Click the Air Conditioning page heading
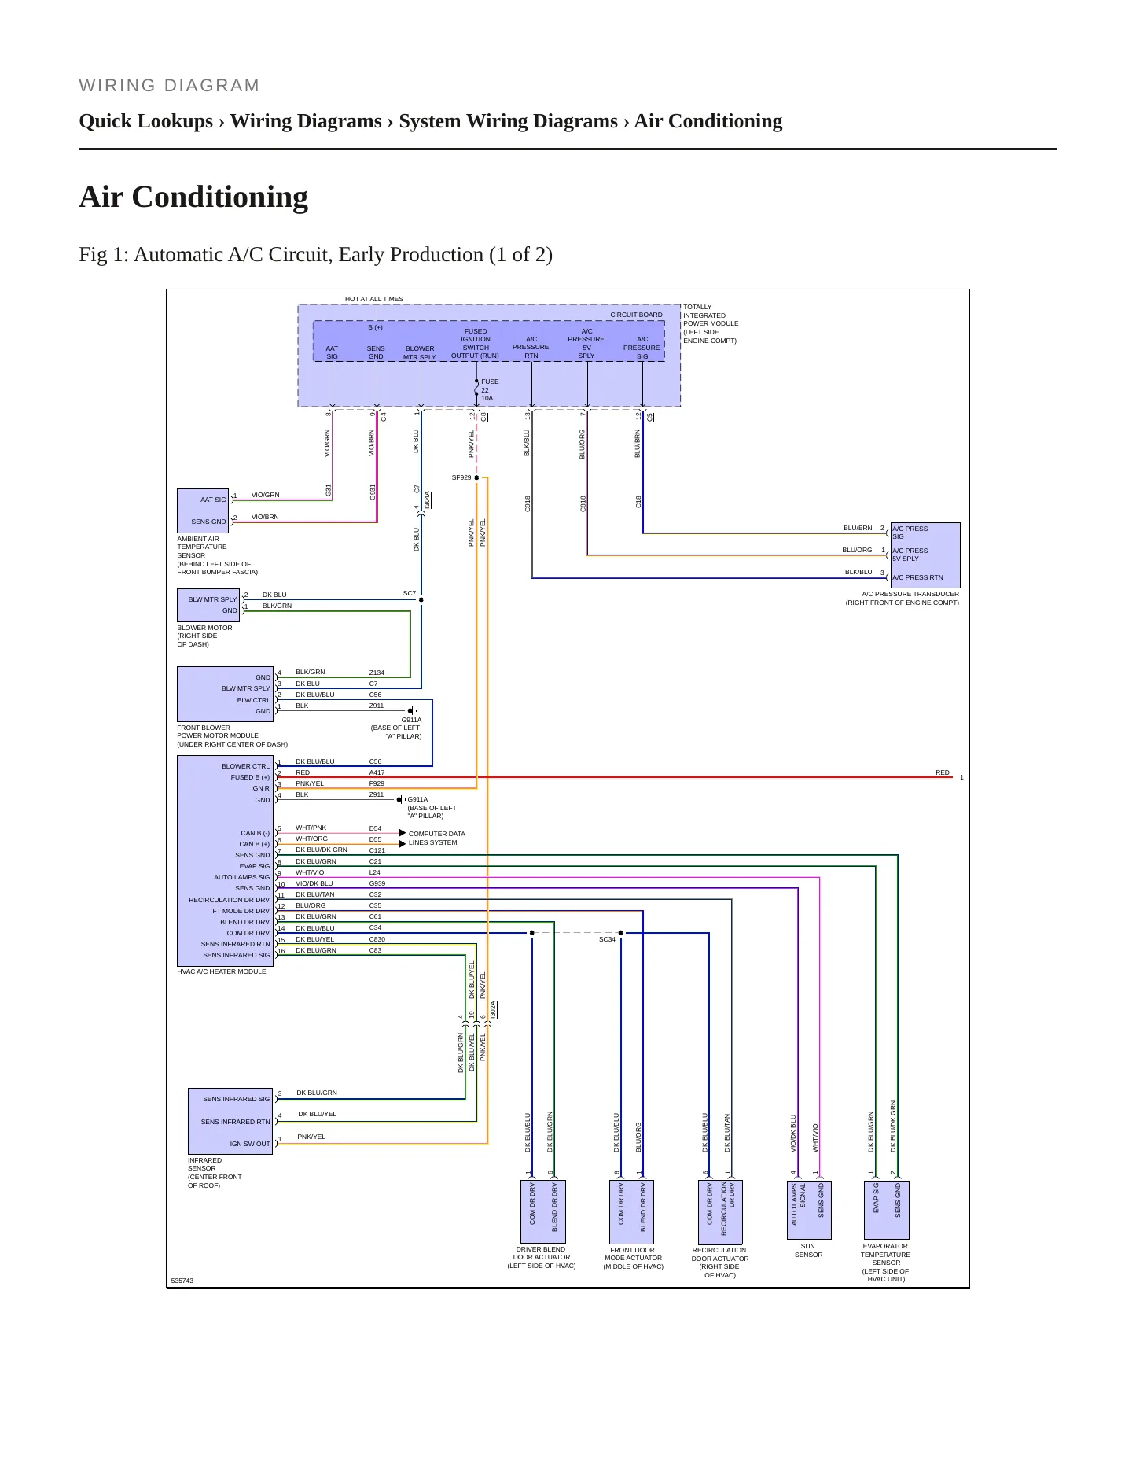(193, 197)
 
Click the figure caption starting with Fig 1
(315, 255)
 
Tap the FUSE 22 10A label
(489, 390)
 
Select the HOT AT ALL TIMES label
(374, 299)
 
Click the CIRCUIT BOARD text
(636, 315)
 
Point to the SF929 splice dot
(476, 477)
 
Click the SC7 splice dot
(421, 599)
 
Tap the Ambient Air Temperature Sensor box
(203, 511)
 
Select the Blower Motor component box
(208, 605)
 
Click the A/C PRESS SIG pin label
(910, 533)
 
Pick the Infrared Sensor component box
(230, 1121)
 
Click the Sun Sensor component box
(808, 1210)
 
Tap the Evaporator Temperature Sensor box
(887, 1210)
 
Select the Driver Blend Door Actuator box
(543, 1211)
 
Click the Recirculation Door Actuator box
(720, 1211)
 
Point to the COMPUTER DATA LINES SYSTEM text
(436, 839)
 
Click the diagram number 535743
(182, 1281)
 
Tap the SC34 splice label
(607, 939)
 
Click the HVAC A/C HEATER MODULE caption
(222, 971)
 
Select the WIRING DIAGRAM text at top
(169, 86)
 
